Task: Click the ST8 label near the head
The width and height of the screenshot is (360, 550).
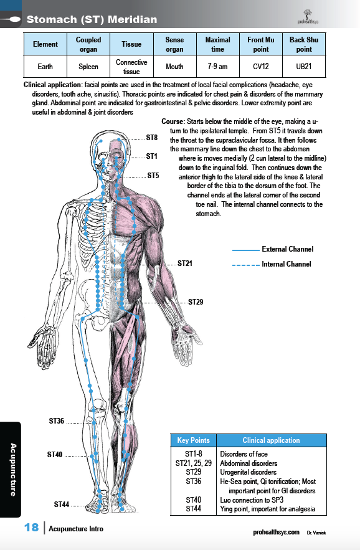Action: tap(152, 138)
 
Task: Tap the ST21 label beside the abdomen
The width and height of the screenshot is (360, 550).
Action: tap(185, 263)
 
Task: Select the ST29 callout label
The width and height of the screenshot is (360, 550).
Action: tap(196, 302)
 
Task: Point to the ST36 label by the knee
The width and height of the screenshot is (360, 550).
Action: tap(57, 421)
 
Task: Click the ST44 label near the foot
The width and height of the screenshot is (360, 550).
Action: tap(62, 505)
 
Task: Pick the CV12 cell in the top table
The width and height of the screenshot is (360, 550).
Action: tap(261, 66)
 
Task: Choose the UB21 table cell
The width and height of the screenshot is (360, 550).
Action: tap(304, 66)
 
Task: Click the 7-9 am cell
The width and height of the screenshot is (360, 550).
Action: tap(217, 66)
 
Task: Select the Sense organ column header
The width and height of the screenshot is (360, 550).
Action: tap(175, 44)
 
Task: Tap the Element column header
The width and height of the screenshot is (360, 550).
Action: tap(45, 44)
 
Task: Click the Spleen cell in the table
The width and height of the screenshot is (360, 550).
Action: tap(88, 66)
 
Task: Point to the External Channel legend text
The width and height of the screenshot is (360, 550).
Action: tap(288, 249)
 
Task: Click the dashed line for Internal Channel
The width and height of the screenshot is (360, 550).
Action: tap(245, 265)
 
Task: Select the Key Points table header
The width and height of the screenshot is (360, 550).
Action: tap(193, 440)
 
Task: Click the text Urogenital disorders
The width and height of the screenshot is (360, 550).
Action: tap(248, 472)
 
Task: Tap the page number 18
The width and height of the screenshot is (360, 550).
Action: tap(32, 527)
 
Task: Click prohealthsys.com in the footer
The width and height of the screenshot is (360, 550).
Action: tap(276, 532)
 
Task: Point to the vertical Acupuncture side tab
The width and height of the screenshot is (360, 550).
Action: tap(13, 470)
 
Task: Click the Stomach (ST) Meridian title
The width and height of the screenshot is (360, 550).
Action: tap(92, 19)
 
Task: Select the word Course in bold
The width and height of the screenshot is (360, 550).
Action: tap(173, 121)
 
